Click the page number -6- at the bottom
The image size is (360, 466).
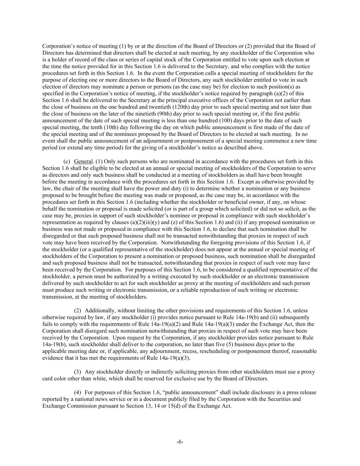(x=180, y=442)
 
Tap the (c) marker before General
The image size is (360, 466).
(x=67, y=161)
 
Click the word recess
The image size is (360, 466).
(x=185, y=351)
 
